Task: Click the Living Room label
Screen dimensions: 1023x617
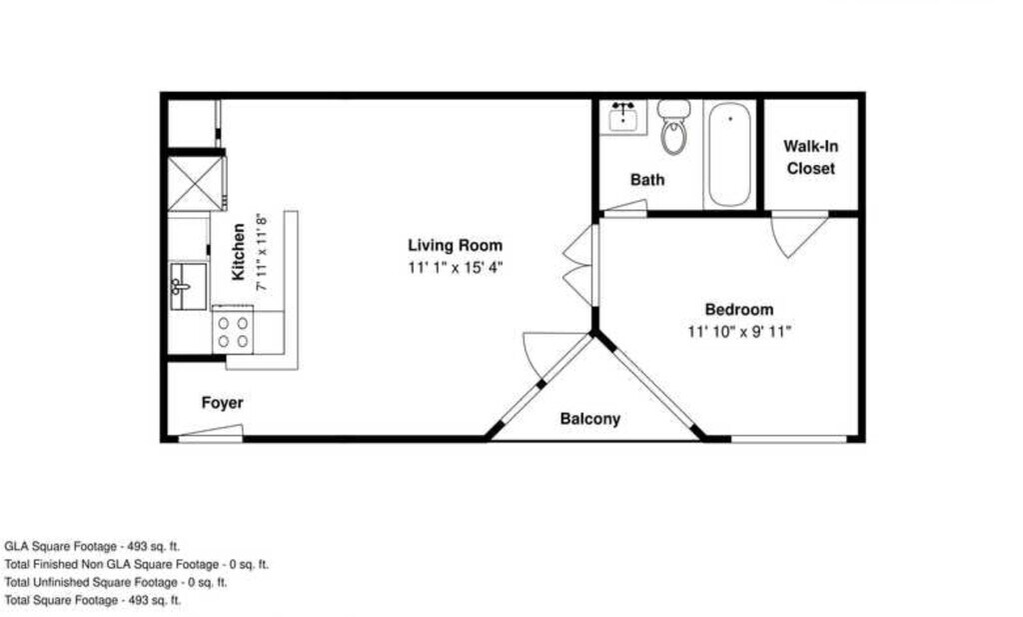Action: tap(456, 245)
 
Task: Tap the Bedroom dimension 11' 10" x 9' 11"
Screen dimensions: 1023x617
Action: tap(739, 332)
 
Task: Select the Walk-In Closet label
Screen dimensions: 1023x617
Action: tap(811, 157)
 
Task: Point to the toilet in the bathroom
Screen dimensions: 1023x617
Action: tap(674, 127)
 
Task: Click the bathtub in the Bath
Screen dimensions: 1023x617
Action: tap(729, 154)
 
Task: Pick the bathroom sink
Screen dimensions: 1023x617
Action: tap(623, 118)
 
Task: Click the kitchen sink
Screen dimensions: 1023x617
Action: tap(188, 286)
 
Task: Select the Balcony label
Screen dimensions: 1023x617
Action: tap(589, 419)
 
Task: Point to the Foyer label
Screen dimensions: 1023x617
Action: tap(223, 403)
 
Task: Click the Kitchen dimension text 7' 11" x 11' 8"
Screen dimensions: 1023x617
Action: tap(262, 252)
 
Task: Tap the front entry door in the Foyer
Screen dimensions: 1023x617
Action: tap(211, 433)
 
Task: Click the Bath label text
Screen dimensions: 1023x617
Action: tap(647, 180)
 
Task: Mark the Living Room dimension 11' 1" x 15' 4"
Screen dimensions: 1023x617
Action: tap(456, 268)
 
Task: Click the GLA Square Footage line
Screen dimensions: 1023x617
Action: tap(92, 546)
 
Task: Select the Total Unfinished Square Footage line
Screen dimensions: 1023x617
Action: tap(116, 582)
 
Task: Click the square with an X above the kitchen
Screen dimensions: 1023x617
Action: tap(197, 183)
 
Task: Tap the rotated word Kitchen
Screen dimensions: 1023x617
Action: tap(239, 252)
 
